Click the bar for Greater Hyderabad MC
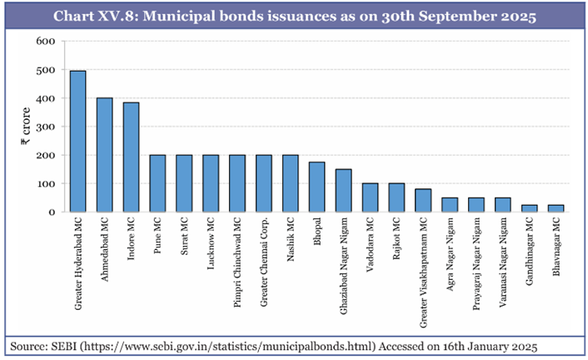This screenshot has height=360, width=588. point(77,141)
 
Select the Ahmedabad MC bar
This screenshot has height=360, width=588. point(104,154)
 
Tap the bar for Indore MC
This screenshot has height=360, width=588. point(131,157)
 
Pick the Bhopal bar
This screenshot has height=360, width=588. point(316,187)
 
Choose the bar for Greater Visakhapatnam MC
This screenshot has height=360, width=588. point(422,200)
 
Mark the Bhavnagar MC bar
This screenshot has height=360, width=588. point(556,207)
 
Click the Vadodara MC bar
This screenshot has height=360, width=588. point(370,197)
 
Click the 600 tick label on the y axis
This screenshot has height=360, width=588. point(46,41)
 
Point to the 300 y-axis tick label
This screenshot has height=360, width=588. point(46,127)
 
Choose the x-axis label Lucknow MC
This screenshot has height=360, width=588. point(210,249)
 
